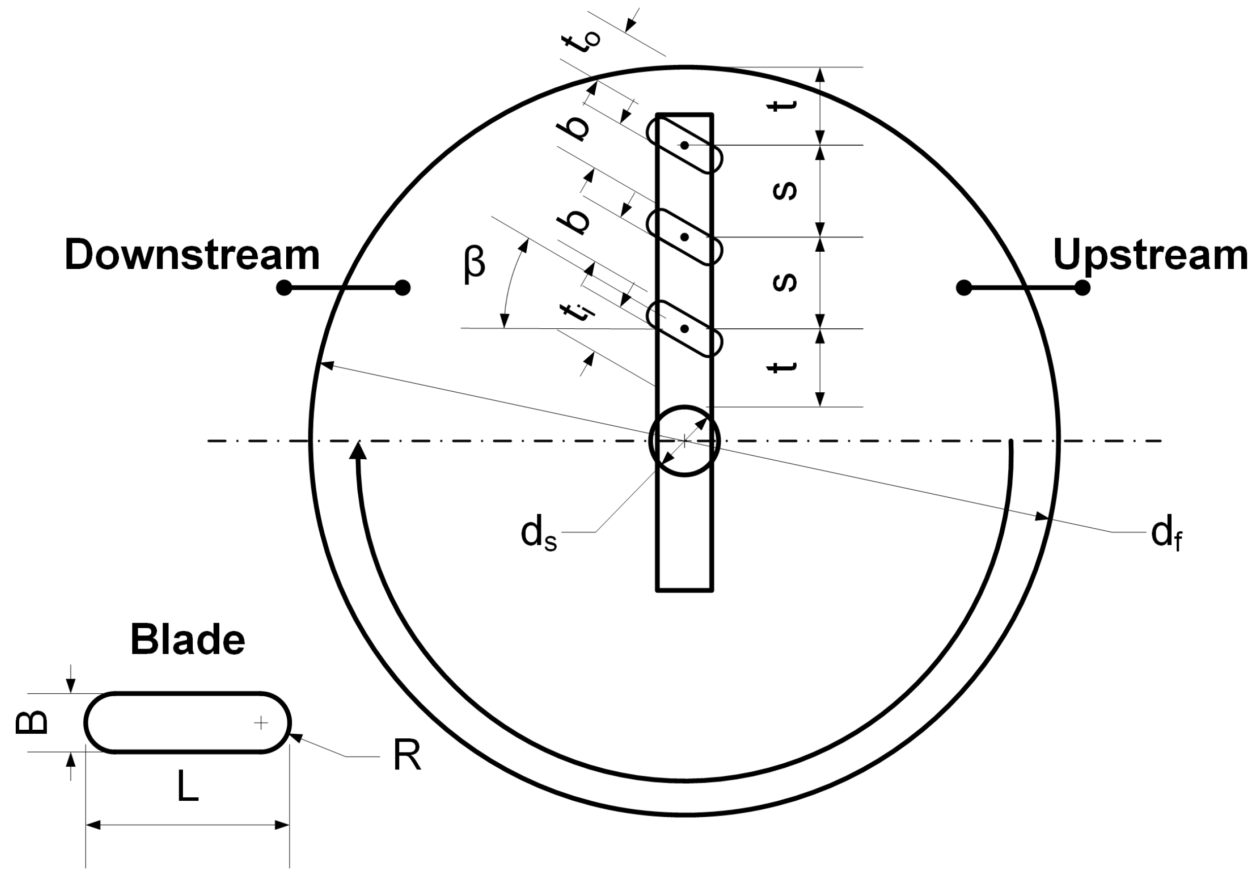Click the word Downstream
point(192,255)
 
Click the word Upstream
point(1150,255)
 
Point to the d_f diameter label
point(1166,534)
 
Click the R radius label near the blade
point(407,756)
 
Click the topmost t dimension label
point(783,106)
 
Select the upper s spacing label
point(784,190)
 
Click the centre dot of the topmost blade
point(685,145)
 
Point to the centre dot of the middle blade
point(685,237)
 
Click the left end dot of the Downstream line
point(284,287)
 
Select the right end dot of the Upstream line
point(1082,287)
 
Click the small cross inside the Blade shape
point(261,723)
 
